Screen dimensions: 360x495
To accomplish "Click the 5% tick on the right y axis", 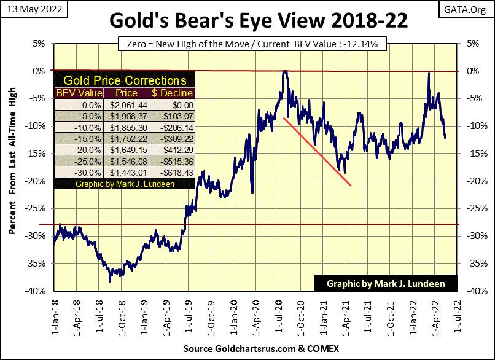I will tap(473, 44).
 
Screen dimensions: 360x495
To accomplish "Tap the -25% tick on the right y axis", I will tap(474, 209).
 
